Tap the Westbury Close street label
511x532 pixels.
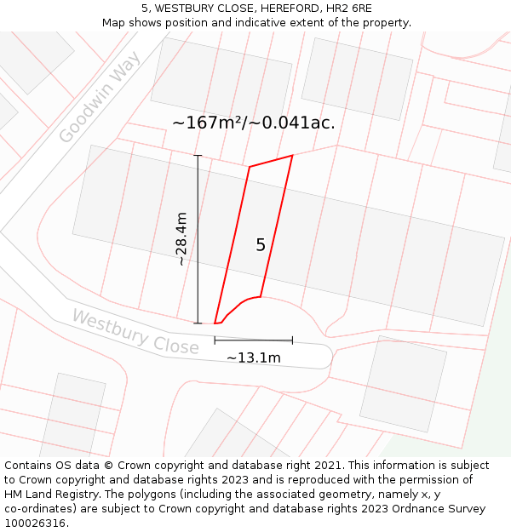point(135,332)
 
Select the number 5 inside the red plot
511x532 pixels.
point(261,245)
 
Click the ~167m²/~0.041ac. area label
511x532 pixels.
point(253,123)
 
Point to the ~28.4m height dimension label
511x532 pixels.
point(181,239)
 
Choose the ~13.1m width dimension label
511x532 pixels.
point(253,358)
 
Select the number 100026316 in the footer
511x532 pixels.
point(33,523)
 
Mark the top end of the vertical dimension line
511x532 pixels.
point(198,156)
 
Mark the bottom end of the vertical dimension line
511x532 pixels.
point(198,323)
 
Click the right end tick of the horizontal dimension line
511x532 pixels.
point(292,340)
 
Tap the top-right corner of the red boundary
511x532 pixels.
point(292,156)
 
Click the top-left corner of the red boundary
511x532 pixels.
point(250,167)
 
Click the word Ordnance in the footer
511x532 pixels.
point(425,508)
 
